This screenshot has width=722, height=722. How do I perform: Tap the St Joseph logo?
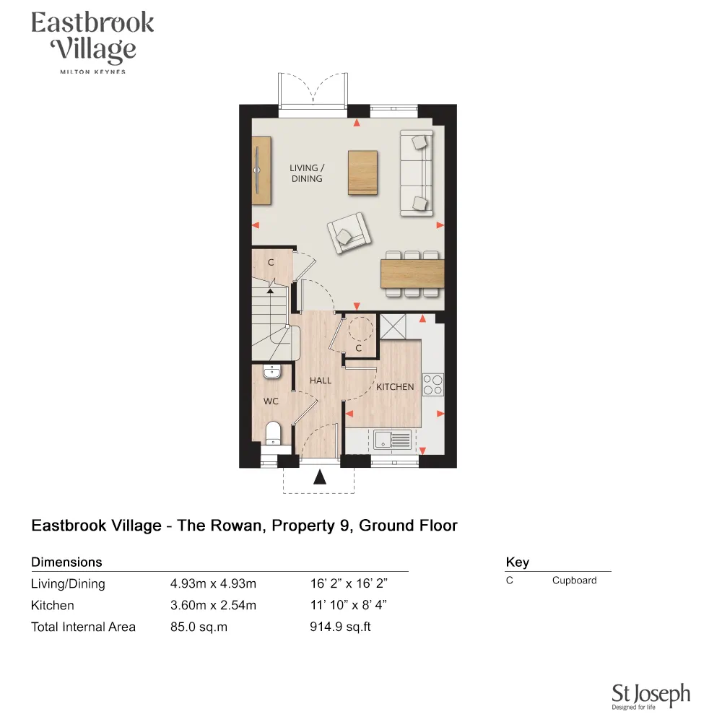pos(651,697)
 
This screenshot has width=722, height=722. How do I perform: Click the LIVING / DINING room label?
pos(306,173)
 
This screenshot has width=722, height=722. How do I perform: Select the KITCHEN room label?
pos(395,387)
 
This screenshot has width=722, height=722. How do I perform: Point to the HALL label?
pos(321,380)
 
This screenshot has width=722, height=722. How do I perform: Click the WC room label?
pos(271,401)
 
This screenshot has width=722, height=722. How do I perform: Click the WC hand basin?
pos(272,372)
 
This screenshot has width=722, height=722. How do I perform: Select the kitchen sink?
pos(391,438)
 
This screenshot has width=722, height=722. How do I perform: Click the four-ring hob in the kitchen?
pos(432,384)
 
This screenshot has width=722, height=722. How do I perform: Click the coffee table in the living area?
pos(362,173)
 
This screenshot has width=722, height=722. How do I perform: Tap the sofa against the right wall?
pos(417,173)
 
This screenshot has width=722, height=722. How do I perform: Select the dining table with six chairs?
pos(412,274)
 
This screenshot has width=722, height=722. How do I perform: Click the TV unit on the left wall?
pos(261,170)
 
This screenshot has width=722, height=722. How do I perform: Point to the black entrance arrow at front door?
pos(320,477)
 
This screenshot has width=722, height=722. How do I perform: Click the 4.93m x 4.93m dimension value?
pos(213,584)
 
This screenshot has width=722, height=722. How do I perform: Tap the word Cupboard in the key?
pos(574,580)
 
